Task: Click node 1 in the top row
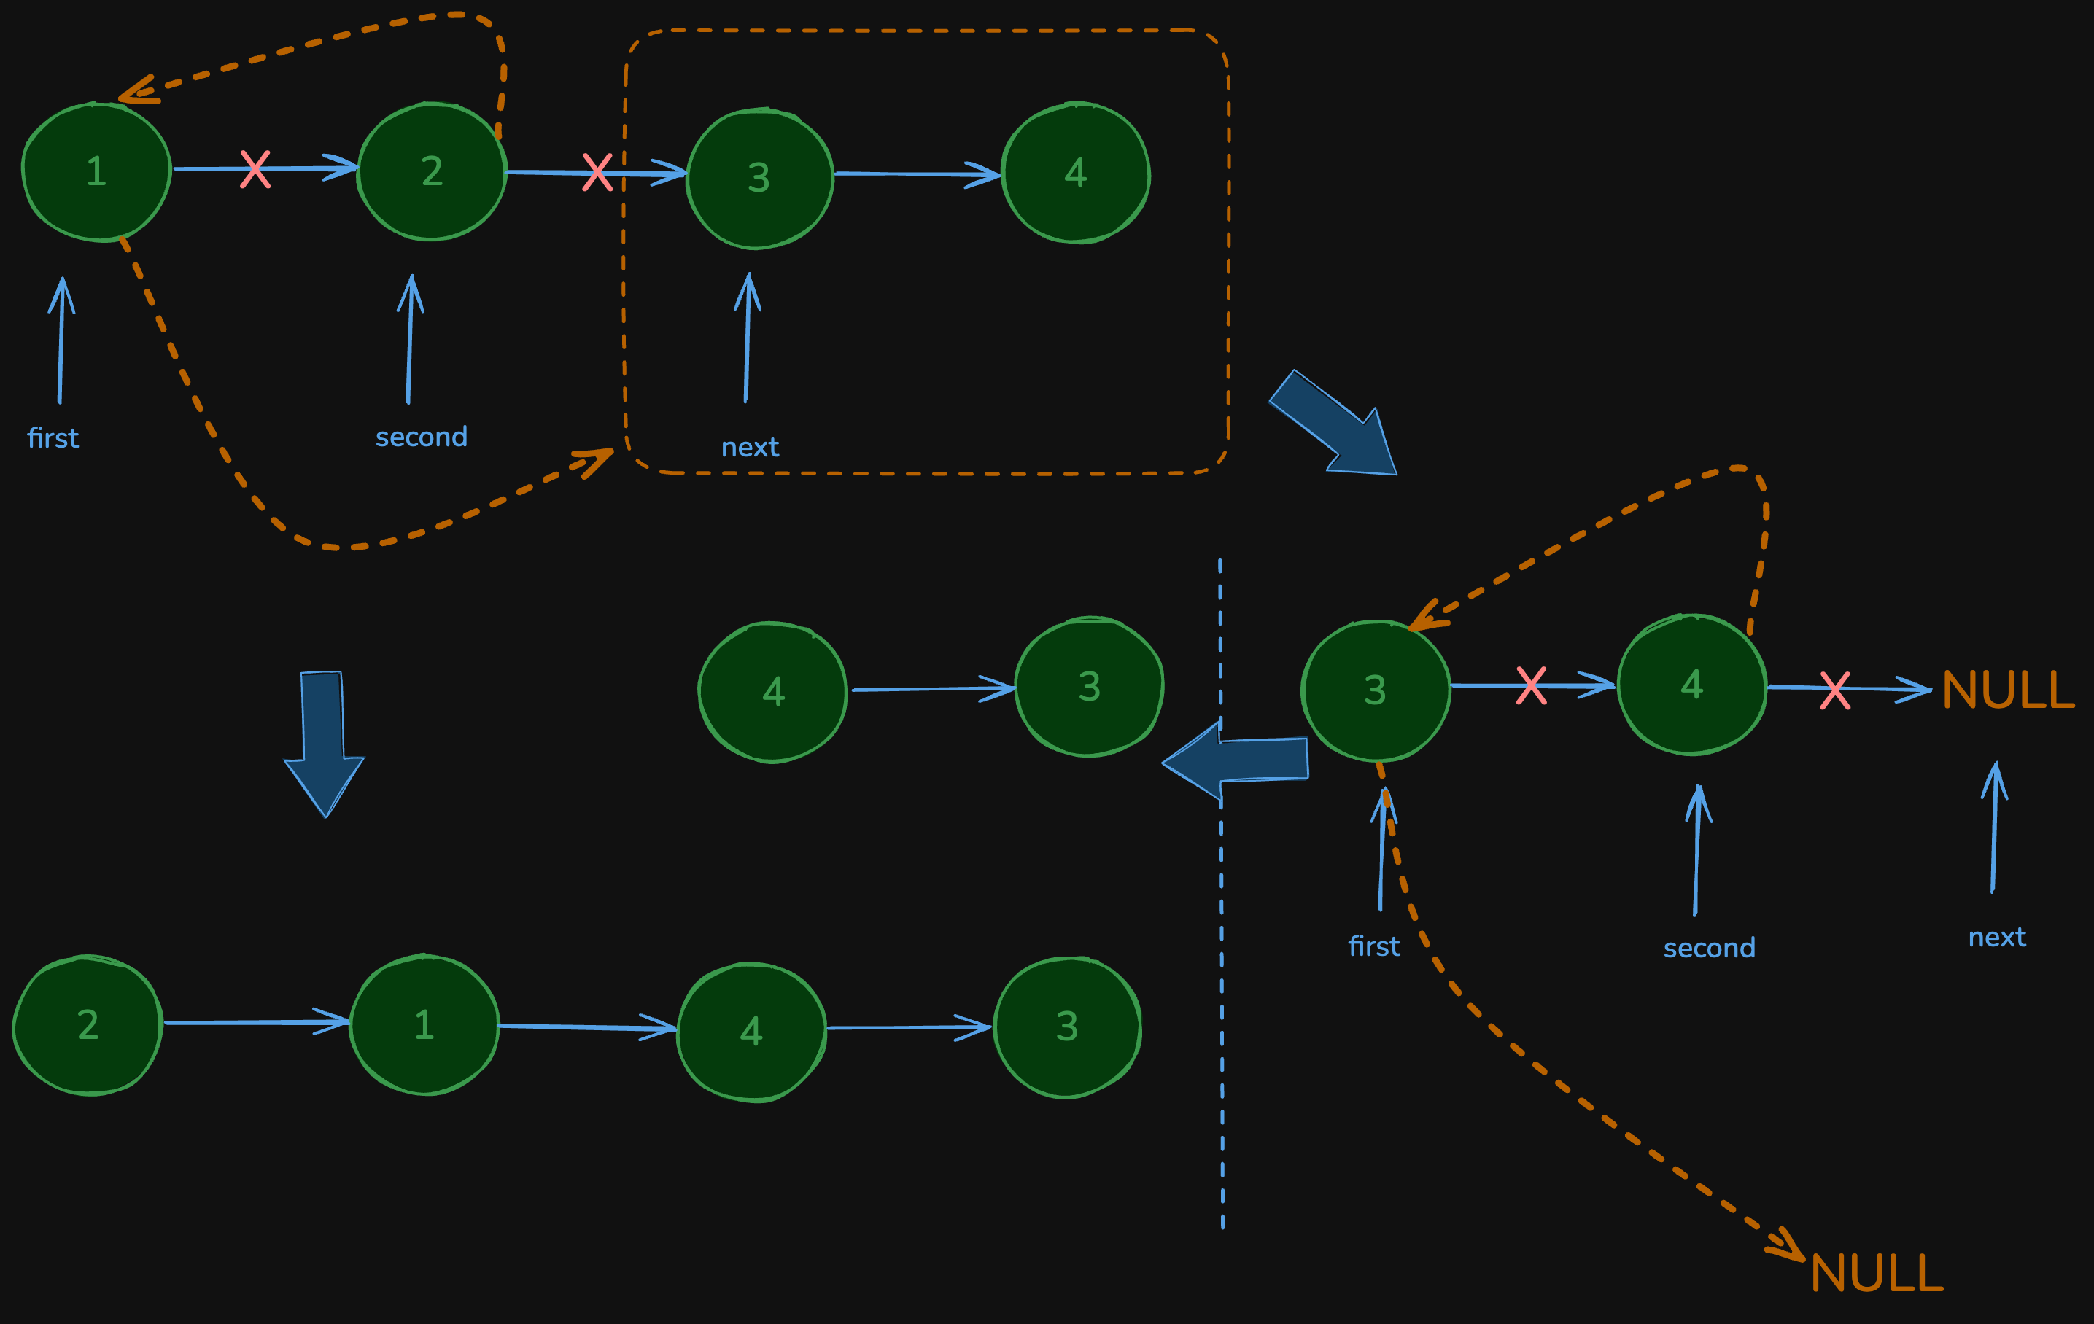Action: tap(96, 171)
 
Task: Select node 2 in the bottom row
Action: tap(88, 1025)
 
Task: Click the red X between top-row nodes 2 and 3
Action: tap(597, 172)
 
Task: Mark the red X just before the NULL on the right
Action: tap(1835, 690)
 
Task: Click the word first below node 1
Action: tap(53, 438)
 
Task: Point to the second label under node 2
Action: tap(422, 437)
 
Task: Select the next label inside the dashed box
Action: tap(751, 447)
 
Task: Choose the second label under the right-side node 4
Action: tap(1710, 948)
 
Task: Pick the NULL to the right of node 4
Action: tap(2008, 690)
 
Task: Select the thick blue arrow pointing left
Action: tap(1235, 760)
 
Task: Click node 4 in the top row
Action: tap(1076, 173)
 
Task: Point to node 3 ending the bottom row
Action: tap(1067, 1027)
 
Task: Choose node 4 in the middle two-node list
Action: tap(773, 692)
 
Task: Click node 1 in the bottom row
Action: tap(424, 1025)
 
